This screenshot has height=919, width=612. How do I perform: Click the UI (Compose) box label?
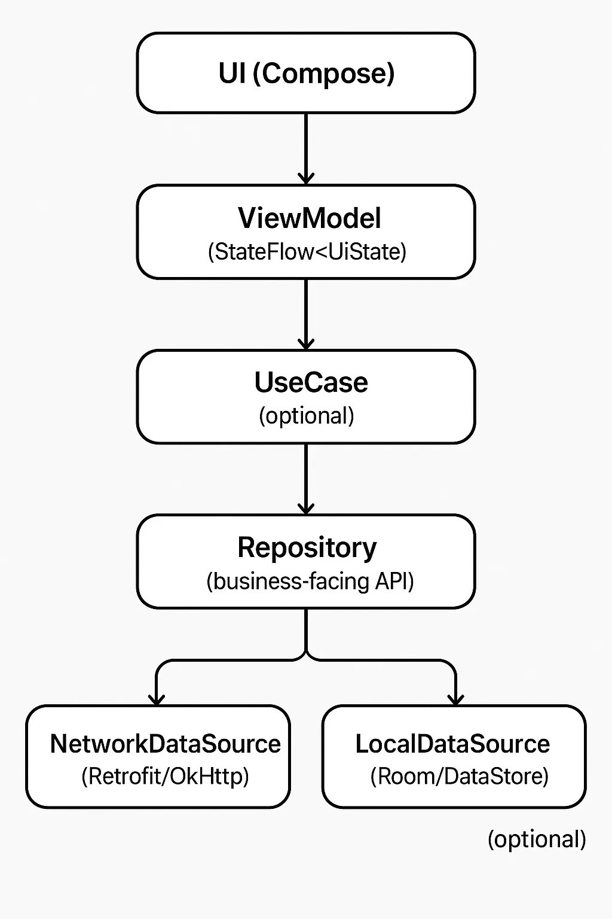(x=306, y=74)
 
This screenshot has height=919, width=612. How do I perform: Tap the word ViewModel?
(x=309, y=218)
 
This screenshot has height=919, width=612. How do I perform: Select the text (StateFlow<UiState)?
(x=307, y=252)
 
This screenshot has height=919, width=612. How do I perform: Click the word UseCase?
(x=311, y=383)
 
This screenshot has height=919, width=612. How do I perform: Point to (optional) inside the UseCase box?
(x=306, y=416)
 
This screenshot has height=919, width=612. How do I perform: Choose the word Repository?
(x=307, y=547)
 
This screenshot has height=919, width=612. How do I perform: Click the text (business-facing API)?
(x=310, y=581)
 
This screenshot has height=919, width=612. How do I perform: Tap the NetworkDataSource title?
(x=165, y=744)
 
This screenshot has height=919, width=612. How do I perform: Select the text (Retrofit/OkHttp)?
(x=165, y=776)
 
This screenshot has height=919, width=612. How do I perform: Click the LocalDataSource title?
(x=452, y=744)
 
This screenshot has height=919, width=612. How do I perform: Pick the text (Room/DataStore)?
(x=459, y=776)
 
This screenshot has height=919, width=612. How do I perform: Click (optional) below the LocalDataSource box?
(x=537, y=839)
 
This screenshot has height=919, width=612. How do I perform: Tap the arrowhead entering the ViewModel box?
(x=306, y=178)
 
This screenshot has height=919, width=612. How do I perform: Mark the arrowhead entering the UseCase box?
(x=306, y=343)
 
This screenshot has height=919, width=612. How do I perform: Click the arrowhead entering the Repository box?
(x=306, y=508)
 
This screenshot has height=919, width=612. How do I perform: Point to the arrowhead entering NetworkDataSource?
(x=157, y=699)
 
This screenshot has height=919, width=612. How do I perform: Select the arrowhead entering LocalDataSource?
(x=455, y=699)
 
